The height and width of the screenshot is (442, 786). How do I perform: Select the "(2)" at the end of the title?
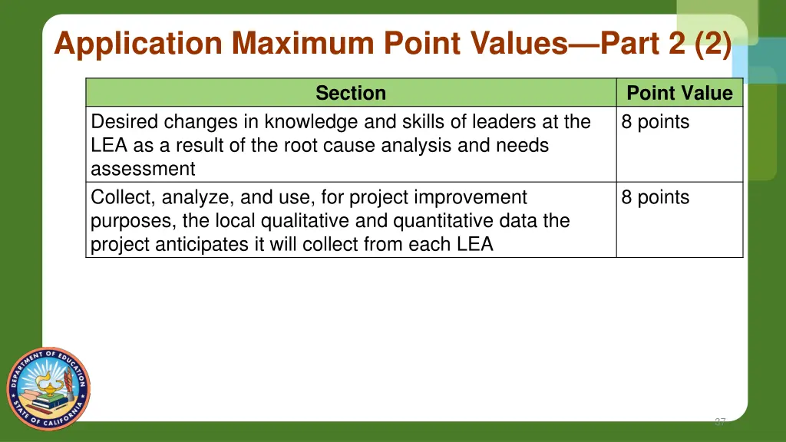[x=712, y=45]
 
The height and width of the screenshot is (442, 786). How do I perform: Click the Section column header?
[x=351, y=94]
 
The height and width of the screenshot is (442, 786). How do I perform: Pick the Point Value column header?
[x=679, y=94]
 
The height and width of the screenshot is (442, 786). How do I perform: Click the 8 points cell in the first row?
[x=656, y=122]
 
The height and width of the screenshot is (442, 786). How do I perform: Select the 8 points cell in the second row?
[x=656, y=198]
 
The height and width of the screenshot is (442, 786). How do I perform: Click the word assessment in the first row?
[x=143, y=169]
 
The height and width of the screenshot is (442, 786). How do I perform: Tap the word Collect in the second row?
[x=121, y=198]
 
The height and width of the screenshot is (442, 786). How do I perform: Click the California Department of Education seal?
[x=48, y=388]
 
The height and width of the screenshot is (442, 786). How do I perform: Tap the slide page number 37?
[x=719, y=422]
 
